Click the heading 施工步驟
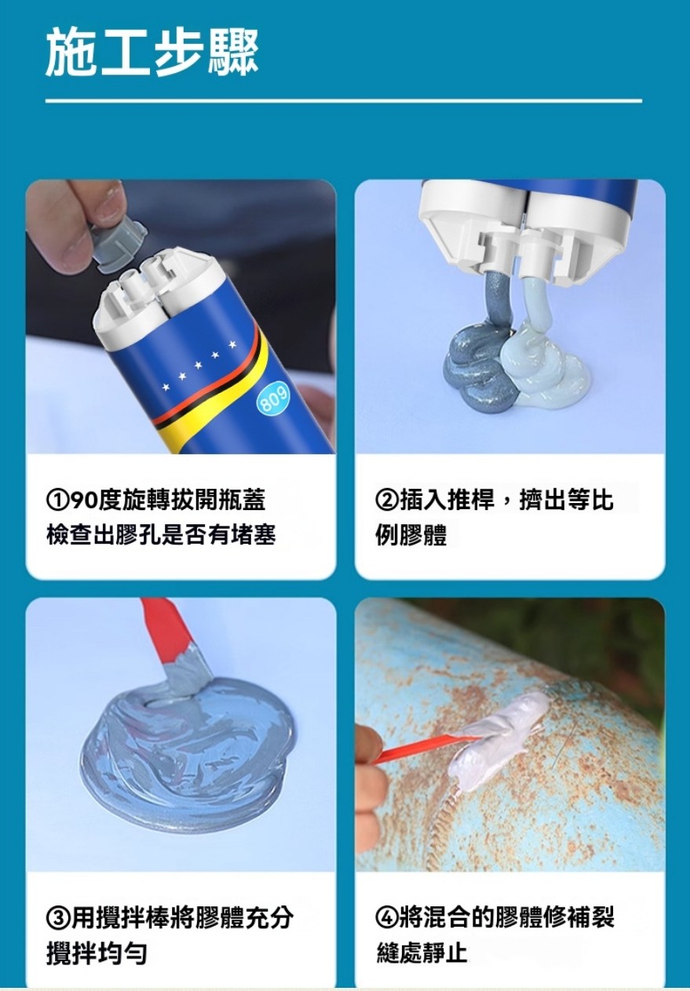pos(152,53)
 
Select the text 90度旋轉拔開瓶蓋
pos(168,501)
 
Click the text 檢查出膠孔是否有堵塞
pos(161,534)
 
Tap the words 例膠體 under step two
pos(411,534)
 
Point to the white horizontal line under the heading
pos(344,101)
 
